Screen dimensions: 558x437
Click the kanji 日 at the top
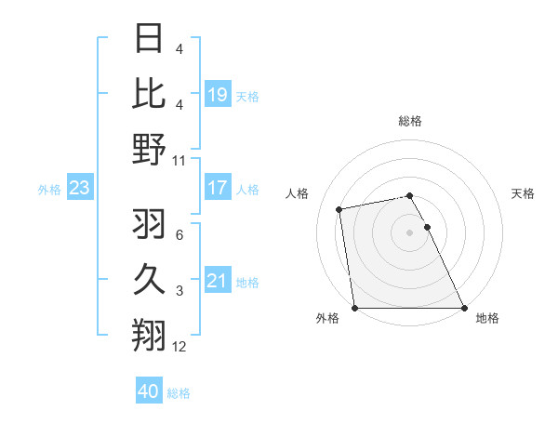click(149, 39)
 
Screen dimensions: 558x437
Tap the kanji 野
click(149, 149)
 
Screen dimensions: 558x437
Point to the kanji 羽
click(149, 223)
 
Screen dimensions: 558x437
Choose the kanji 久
click(149, 278)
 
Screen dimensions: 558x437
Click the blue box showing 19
click(218, 95)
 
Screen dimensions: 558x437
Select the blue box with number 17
click(218, 188)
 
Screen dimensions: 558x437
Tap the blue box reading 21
click(218, 281)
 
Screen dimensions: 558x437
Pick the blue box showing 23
click(79, 189)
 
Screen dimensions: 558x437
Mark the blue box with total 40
click(148, 391)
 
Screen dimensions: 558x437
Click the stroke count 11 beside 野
click(179, 161)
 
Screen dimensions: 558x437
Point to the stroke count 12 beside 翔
click(179, 347)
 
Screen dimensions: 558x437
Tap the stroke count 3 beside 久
click(179, 291)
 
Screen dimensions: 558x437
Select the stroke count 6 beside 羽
click(179, 234)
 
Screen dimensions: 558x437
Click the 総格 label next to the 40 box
click(179, 393)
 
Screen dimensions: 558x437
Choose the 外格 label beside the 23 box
click(49, 190)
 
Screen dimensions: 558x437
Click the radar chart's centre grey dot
click(409, 232)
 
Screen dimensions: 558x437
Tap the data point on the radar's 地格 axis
click(464, 308)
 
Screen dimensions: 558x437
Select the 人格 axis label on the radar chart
click(299, 193)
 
